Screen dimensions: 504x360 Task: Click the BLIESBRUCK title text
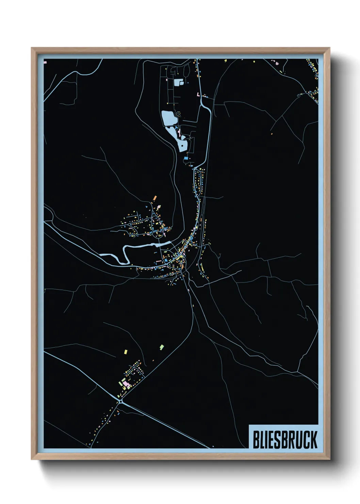285,440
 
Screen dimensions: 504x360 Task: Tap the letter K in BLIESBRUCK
313,440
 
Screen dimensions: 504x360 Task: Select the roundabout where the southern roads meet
121,402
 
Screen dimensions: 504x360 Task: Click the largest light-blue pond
169,118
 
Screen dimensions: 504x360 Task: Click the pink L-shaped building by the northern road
198,94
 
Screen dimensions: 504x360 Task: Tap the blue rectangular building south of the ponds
186,158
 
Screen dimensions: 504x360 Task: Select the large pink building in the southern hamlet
126,384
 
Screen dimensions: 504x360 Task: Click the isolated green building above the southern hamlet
162,347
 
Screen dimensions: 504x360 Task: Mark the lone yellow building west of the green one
126,351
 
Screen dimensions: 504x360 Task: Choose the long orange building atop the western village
154,198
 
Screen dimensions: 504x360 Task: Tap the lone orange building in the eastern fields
272,133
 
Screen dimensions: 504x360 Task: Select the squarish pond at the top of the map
178,82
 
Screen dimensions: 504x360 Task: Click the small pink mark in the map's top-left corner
45,62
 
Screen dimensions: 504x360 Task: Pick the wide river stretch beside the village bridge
163,244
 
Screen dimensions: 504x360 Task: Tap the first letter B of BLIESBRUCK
256,440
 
